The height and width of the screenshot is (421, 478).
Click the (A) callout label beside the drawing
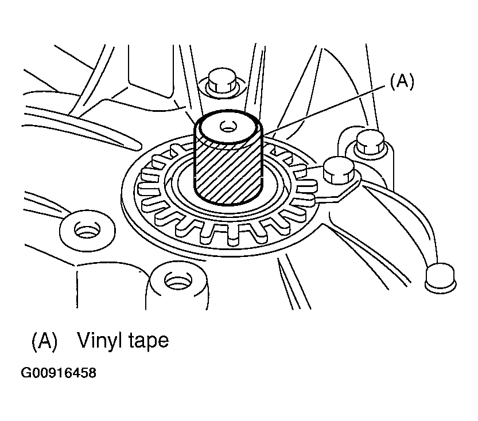tap(402, 81)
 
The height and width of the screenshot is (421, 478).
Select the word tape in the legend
tap(147, 341)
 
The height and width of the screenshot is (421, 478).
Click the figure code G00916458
tap(58, 373)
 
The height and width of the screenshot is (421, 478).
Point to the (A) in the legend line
tap(45, 341)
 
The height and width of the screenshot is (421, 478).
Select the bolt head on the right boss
tap(370, 141)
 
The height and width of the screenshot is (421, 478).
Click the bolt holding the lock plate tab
tap(339, 170)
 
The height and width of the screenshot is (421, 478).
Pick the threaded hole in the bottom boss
tap(178, 280)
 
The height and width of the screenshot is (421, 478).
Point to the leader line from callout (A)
tap(324, 110)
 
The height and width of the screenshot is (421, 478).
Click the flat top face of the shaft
tap(228, 127)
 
